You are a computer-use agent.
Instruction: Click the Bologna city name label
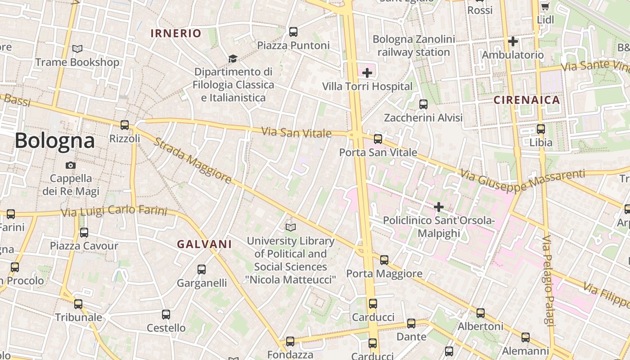55,141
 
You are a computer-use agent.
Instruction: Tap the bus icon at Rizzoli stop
125,125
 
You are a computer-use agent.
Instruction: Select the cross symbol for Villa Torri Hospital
367,72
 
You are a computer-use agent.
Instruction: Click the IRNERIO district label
176,33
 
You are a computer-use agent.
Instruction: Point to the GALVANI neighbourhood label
204,244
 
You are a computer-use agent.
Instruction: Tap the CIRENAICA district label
527,100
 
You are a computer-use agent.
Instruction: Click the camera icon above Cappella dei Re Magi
71,165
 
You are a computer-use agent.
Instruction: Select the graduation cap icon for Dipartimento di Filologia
233,59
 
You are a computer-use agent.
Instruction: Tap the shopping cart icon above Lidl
545,7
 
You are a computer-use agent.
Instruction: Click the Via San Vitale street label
297,133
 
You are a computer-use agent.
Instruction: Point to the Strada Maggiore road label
193,161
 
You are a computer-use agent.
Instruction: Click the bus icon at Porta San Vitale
378,139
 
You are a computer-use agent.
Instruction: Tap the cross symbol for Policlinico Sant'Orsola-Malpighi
439,207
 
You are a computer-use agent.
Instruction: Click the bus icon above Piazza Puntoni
293,32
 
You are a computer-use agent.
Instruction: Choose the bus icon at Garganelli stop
202,270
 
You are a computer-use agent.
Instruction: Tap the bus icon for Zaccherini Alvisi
423,104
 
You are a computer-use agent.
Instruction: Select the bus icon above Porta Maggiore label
384,260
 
